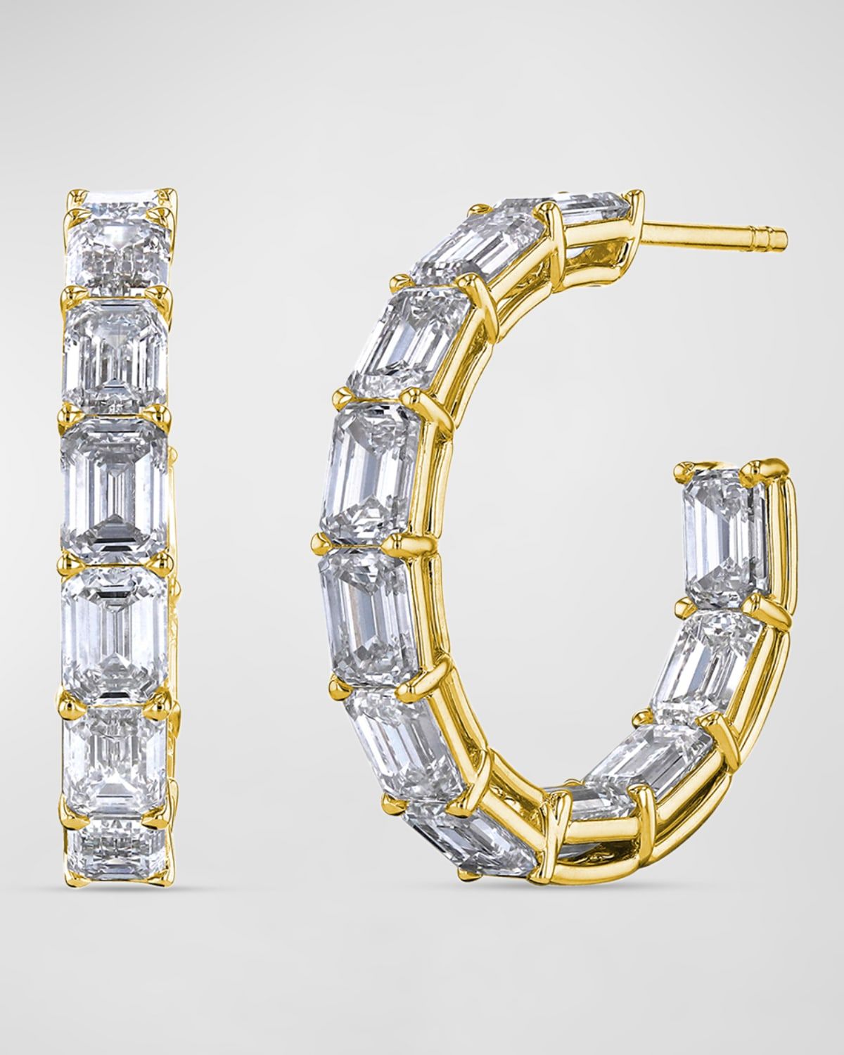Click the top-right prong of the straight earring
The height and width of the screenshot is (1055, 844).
click(167, 192)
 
